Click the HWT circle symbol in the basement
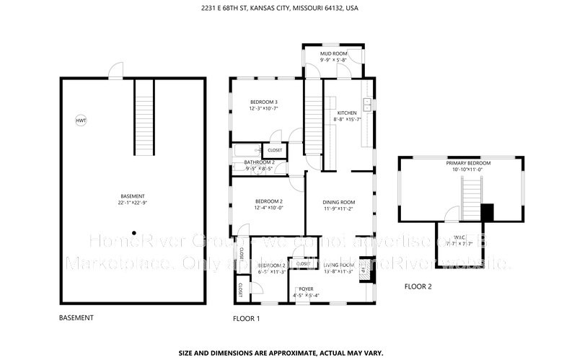pos(80,120)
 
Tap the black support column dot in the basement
pos(133,232)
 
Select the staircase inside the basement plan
pos(144,116)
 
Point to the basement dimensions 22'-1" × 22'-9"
pos(133,203)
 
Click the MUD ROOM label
pos(332,53)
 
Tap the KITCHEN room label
pos(347,113)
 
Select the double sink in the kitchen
pos(368,106)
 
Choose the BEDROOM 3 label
pos(264,102)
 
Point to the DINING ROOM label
pos(338,201)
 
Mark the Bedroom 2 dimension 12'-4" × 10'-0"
pos(268,208)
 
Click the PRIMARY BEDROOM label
pos(467,164)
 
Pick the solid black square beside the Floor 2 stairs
pos(488,212)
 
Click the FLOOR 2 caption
pos(418,286)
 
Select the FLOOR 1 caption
pos(246,318)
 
